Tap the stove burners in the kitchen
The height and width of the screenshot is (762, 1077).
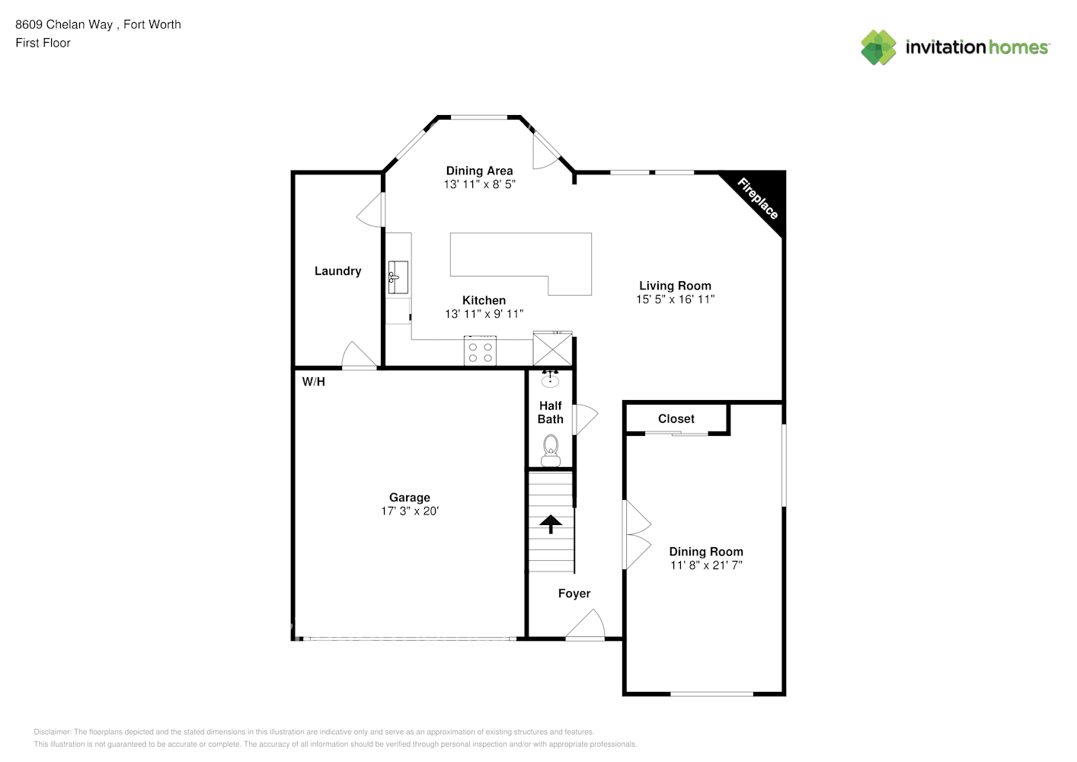point(480,352)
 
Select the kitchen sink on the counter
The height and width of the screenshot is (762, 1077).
point(398,277)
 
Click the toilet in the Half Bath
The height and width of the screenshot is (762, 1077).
point(550,450)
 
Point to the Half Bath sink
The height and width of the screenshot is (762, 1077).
point(550,379)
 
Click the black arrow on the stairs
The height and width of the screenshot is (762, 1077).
point(550,523)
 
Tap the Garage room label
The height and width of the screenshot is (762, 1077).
point(410,498)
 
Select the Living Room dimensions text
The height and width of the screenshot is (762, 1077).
point(675,299)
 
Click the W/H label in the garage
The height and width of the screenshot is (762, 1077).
point(313,382)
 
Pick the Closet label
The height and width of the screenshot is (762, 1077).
point(676,419)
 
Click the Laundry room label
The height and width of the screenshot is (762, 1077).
point(337,271)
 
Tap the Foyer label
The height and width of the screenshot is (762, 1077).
point(574,594)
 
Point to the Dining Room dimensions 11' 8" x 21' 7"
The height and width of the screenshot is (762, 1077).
point(705,565)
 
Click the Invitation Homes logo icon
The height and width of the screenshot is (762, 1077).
point(878,47)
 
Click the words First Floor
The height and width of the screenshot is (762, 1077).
point(43,43)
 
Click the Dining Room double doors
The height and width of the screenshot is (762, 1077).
point(636,535)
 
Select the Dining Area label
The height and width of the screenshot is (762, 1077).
point(479,171)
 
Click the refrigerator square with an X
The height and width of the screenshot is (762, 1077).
point(552,350)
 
